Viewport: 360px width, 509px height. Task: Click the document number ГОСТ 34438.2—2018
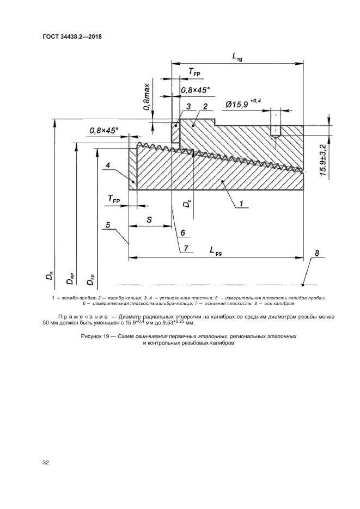(x=72, y=37)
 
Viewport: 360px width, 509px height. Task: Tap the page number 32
(x=46, y=463)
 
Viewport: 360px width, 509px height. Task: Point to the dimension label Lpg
(x=217, y=250)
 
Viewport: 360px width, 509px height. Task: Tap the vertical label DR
(x=50, y=276)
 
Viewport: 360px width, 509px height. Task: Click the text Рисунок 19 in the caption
(x=96, y=337)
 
